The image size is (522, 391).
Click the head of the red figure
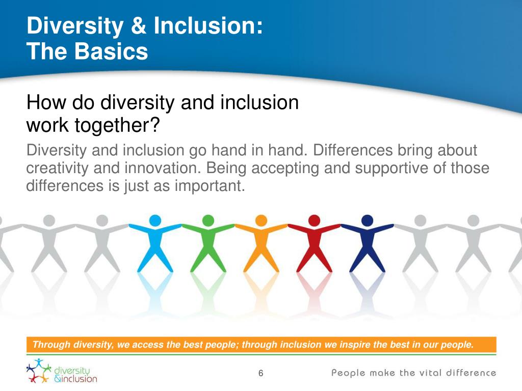314,220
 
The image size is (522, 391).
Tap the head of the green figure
208,220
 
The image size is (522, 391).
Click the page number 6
260,374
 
